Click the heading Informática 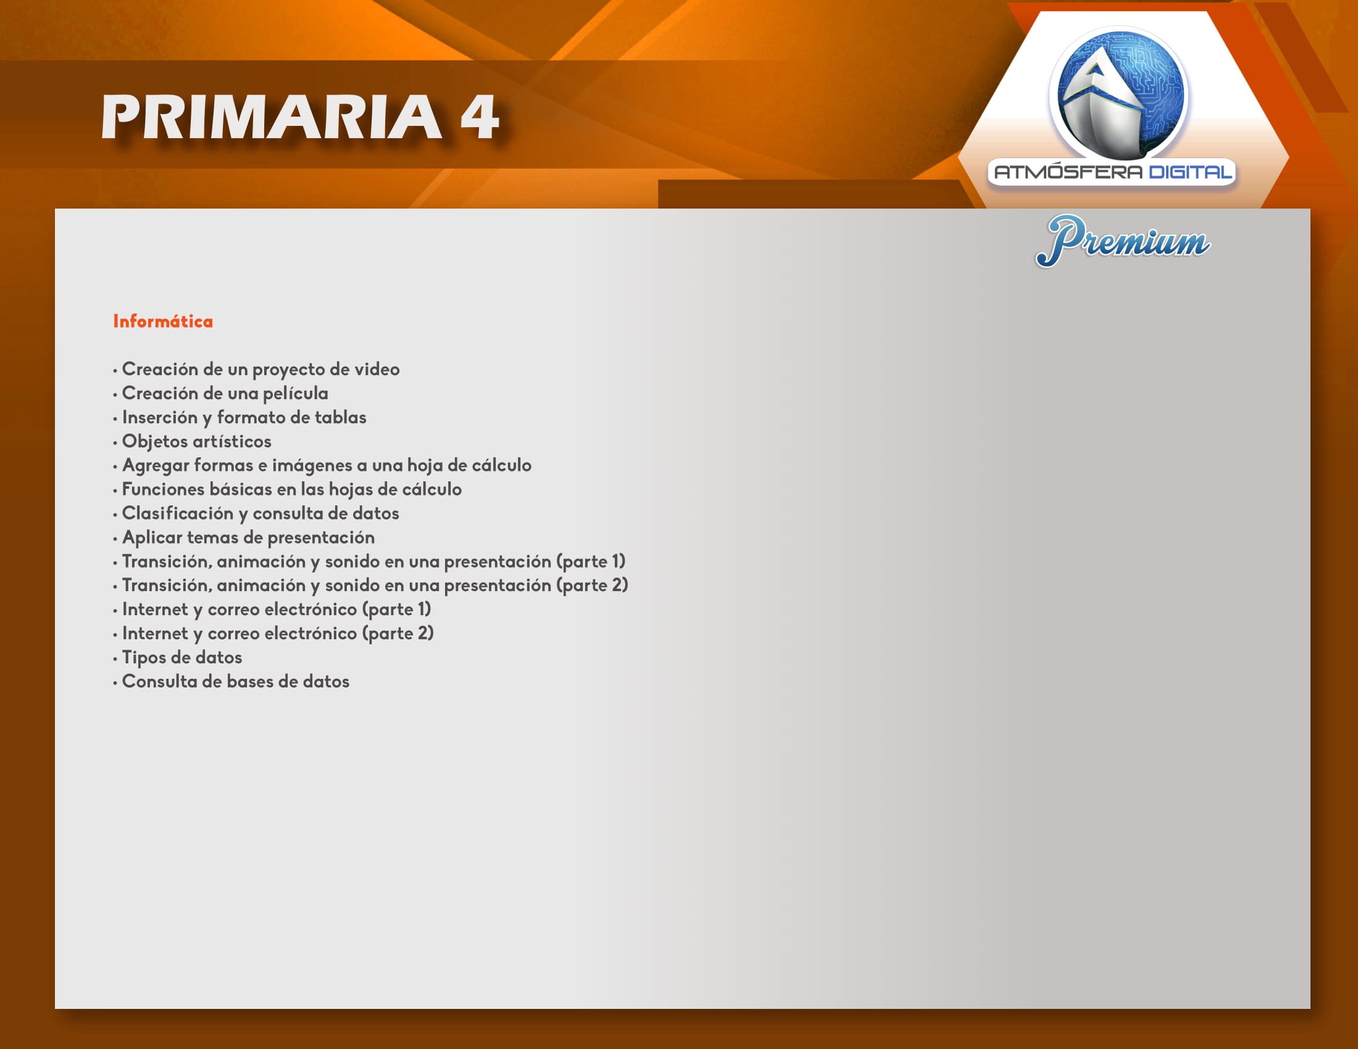163,321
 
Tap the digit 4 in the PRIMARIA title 480,117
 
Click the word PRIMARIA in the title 272,117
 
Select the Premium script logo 1123,241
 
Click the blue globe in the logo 1120,93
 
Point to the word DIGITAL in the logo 1190,172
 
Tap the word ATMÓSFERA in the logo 1068,172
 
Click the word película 295,394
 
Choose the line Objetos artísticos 196,441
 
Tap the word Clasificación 177,513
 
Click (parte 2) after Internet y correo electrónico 398,634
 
